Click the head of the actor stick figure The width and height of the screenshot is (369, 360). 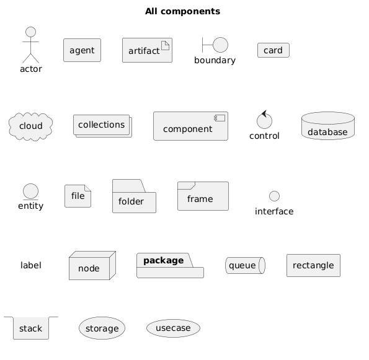(x=31, y=32)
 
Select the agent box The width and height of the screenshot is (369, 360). (x=82, y=50)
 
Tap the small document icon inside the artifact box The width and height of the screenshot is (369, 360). (x=165, y=45)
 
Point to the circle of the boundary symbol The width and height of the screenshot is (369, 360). (x=221, y=45)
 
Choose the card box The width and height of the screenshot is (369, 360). (x=273, y=50)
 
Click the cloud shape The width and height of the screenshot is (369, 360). (x=30, y=126)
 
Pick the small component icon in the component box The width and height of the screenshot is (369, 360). (x=220, y=118)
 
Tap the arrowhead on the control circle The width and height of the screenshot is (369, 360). (x=264, y=114)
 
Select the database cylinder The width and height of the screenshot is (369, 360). (x=328, y=126)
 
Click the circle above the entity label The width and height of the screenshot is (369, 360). (x=30, y=191)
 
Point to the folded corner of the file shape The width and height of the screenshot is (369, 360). (x=88, y=188)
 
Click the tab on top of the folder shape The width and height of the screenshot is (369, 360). (x=129, y=186)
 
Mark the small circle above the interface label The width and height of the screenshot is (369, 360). (x=274, y=196)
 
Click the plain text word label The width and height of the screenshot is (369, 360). (x=31, y=265)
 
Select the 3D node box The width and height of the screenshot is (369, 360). (x=92, y=265)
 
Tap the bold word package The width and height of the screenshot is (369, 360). (x=164, y=260)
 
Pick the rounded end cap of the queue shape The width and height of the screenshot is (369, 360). (x=262, y=265)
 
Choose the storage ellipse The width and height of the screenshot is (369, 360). (x=102, y=328)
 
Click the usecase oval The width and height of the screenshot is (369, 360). (x=173, y=328)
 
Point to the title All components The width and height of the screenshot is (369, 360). (x=182, y=11)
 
